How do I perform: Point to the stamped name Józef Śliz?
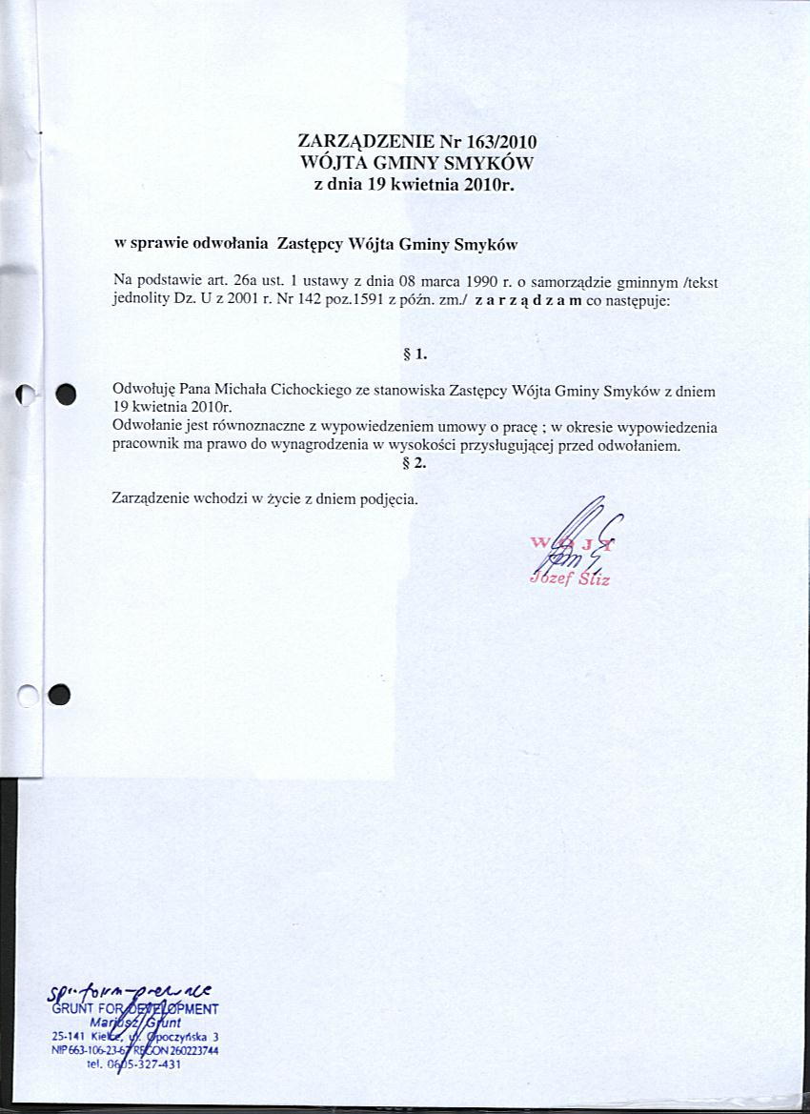[568, 578]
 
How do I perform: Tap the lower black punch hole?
[60, 696]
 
